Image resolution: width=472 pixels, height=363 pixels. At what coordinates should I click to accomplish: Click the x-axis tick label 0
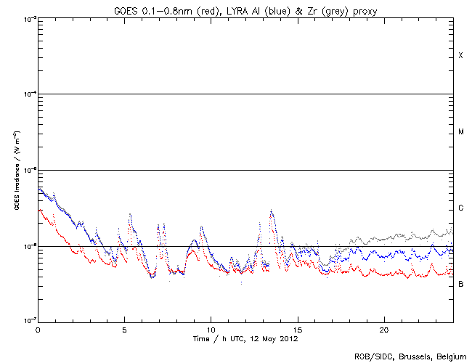38,330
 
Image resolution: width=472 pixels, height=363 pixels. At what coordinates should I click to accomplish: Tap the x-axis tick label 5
124,330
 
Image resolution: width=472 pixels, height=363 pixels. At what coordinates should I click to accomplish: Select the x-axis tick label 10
211,330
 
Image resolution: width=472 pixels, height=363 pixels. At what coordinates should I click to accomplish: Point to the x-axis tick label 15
298,330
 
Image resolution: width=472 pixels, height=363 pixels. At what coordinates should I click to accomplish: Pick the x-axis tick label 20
384,330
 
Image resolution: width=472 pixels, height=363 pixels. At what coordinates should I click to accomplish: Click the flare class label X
460,56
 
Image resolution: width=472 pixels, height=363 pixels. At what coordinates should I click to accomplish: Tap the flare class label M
460,132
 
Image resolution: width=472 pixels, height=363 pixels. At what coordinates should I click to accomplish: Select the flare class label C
460,208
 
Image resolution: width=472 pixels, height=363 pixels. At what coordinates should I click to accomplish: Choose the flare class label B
460,284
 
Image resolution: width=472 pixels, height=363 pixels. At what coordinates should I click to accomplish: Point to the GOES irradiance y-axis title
15,171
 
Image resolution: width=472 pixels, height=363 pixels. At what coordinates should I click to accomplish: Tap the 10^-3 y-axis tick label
28,18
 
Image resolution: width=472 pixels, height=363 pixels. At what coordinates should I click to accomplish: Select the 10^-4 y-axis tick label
28,94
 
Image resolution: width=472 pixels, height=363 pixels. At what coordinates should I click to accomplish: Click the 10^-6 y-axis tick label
28,246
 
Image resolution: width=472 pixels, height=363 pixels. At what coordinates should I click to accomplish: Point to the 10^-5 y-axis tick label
28,170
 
